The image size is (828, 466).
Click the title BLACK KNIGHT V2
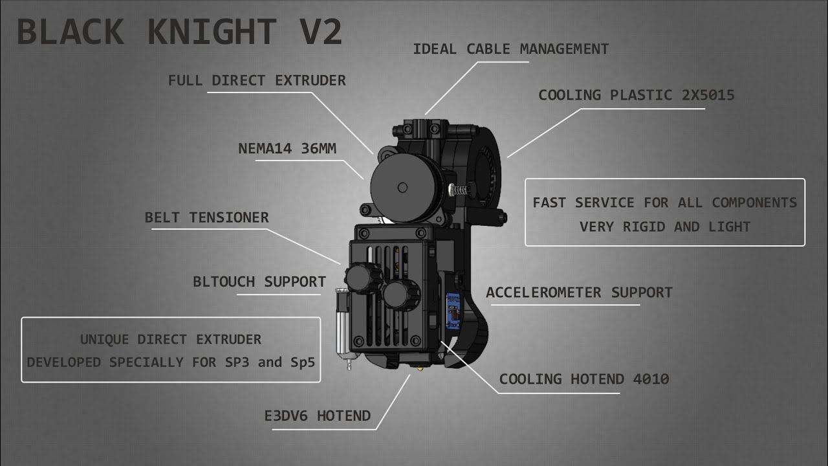[179, 32]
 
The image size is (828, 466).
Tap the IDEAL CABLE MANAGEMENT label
[511, 49]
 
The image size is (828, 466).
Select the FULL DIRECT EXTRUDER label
[257, 81]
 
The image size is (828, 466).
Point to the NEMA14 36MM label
[287, 149]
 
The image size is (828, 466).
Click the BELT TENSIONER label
[206, 217]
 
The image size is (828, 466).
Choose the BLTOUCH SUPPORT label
[259, 282]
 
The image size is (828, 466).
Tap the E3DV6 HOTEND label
[318, 416]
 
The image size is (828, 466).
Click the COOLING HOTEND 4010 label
[584, 379]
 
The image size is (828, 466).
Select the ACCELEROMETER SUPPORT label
[579, 293]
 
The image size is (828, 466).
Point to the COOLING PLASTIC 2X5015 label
[636, 95]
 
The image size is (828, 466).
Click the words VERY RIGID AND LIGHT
[665, 227]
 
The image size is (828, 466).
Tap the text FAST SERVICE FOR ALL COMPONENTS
[665, 203]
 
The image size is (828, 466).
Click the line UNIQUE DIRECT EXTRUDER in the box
[171, 340]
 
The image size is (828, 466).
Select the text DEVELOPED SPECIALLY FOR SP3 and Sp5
[171, 362]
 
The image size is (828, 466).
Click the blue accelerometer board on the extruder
[453, 311]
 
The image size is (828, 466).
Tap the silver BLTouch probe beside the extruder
[343, 326]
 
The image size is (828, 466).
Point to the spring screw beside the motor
[459, 190]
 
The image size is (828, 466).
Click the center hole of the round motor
[402, 188]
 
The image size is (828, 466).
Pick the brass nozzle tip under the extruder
[419, 369]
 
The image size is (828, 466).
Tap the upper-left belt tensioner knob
[363, 278]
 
